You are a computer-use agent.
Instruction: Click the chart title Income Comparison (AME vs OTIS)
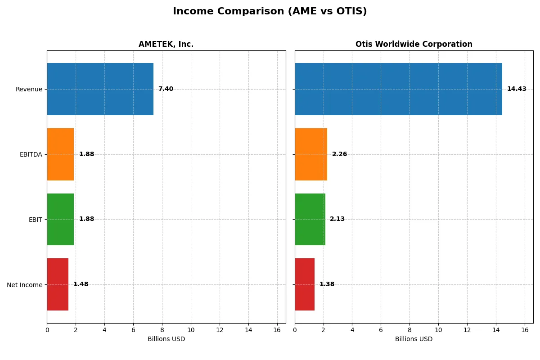(270, 12)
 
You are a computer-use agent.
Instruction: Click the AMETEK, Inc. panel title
(166, 45)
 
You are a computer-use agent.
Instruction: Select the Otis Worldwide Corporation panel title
(414, 45)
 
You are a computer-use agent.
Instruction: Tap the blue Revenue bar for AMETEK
(100, 89)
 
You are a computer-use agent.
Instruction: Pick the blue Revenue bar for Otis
(398, 89)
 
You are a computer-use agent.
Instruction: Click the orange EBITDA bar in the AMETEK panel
(60, 154)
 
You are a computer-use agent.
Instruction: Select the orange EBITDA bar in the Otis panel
(311, 154)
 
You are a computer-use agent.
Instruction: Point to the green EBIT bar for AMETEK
(60, 219)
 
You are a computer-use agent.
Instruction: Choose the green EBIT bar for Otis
(310, 219)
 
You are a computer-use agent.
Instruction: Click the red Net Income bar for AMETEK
(58, 284)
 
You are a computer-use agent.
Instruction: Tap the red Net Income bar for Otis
(305, 284)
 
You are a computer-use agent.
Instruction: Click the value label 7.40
(166, 89)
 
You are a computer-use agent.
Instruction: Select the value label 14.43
(517, 89)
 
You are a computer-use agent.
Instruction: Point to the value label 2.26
(339, 154)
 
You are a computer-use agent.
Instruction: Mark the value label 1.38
(327, 284)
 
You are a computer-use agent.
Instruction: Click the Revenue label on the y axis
(29, 90)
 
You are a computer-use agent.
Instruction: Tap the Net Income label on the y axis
(25, 285)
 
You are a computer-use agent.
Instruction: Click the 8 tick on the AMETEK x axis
(162, 330)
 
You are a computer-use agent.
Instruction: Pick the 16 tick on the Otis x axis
(525, 330)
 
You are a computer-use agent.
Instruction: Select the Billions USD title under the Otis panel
(414, 339)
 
